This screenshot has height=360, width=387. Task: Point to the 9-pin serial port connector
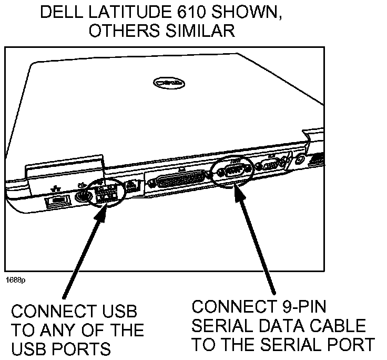pyautogui.click(x=232, y=170)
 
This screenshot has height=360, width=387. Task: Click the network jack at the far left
pyautogui.click(x=55, y=202)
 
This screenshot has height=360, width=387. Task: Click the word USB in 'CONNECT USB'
pyautogui.click(x=118, y=312)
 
